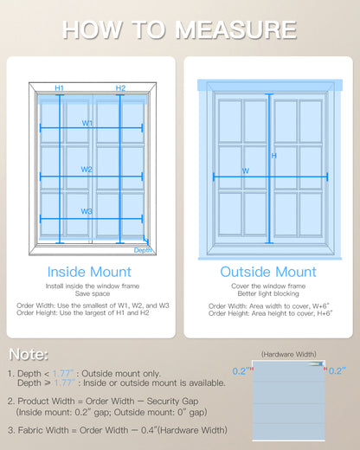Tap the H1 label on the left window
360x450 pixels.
tap(59, 88)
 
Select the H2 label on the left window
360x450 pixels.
tap(120, 88)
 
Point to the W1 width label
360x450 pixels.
tap(87, 123)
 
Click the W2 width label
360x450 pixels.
tap(87, 170)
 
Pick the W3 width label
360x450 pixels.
tap(87, 211)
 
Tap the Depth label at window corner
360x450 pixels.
tap(144, 250)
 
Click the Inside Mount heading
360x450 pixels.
tap(91, 272)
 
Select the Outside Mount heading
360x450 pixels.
tap(268, 272)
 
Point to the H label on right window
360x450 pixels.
tap(274, 156)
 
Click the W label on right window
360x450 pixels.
tap(246, 170)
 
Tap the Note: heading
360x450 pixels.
tap(29, 355)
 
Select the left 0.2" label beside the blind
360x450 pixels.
tap(240, 370)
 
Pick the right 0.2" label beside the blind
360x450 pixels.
tap(337, 370)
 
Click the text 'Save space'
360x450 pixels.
tap(91, 292)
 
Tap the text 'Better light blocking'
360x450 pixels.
tap(268, 292)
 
